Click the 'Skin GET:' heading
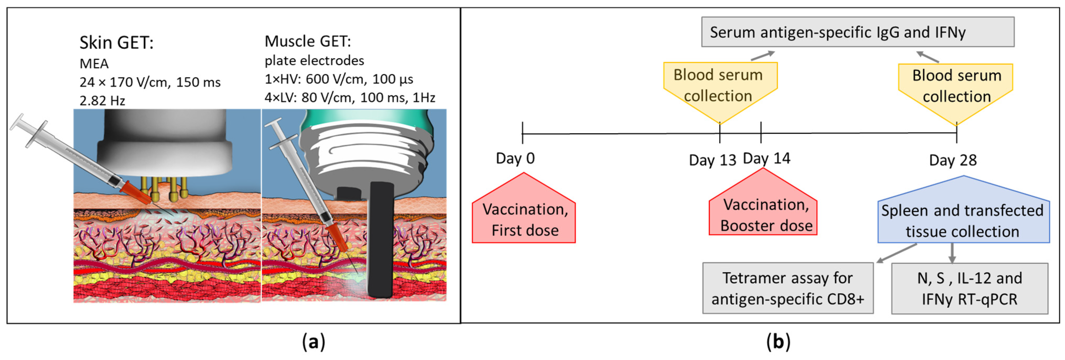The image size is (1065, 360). pos(116,43)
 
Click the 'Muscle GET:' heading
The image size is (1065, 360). pos(308,41)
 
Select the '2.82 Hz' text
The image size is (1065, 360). pos(102,101)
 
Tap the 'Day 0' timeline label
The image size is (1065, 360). pos(515,159)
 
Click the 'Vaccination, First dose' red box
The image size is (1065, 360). pos(524,219)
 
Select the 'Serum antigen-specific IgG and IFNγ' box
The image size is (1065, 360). pos(857,32)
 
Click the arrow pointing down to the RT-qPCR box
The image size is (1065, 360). pos(952,253)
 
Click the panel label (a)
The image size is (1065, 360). pos(313,342)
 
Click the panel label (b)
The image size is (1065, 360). pos(778,342)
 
